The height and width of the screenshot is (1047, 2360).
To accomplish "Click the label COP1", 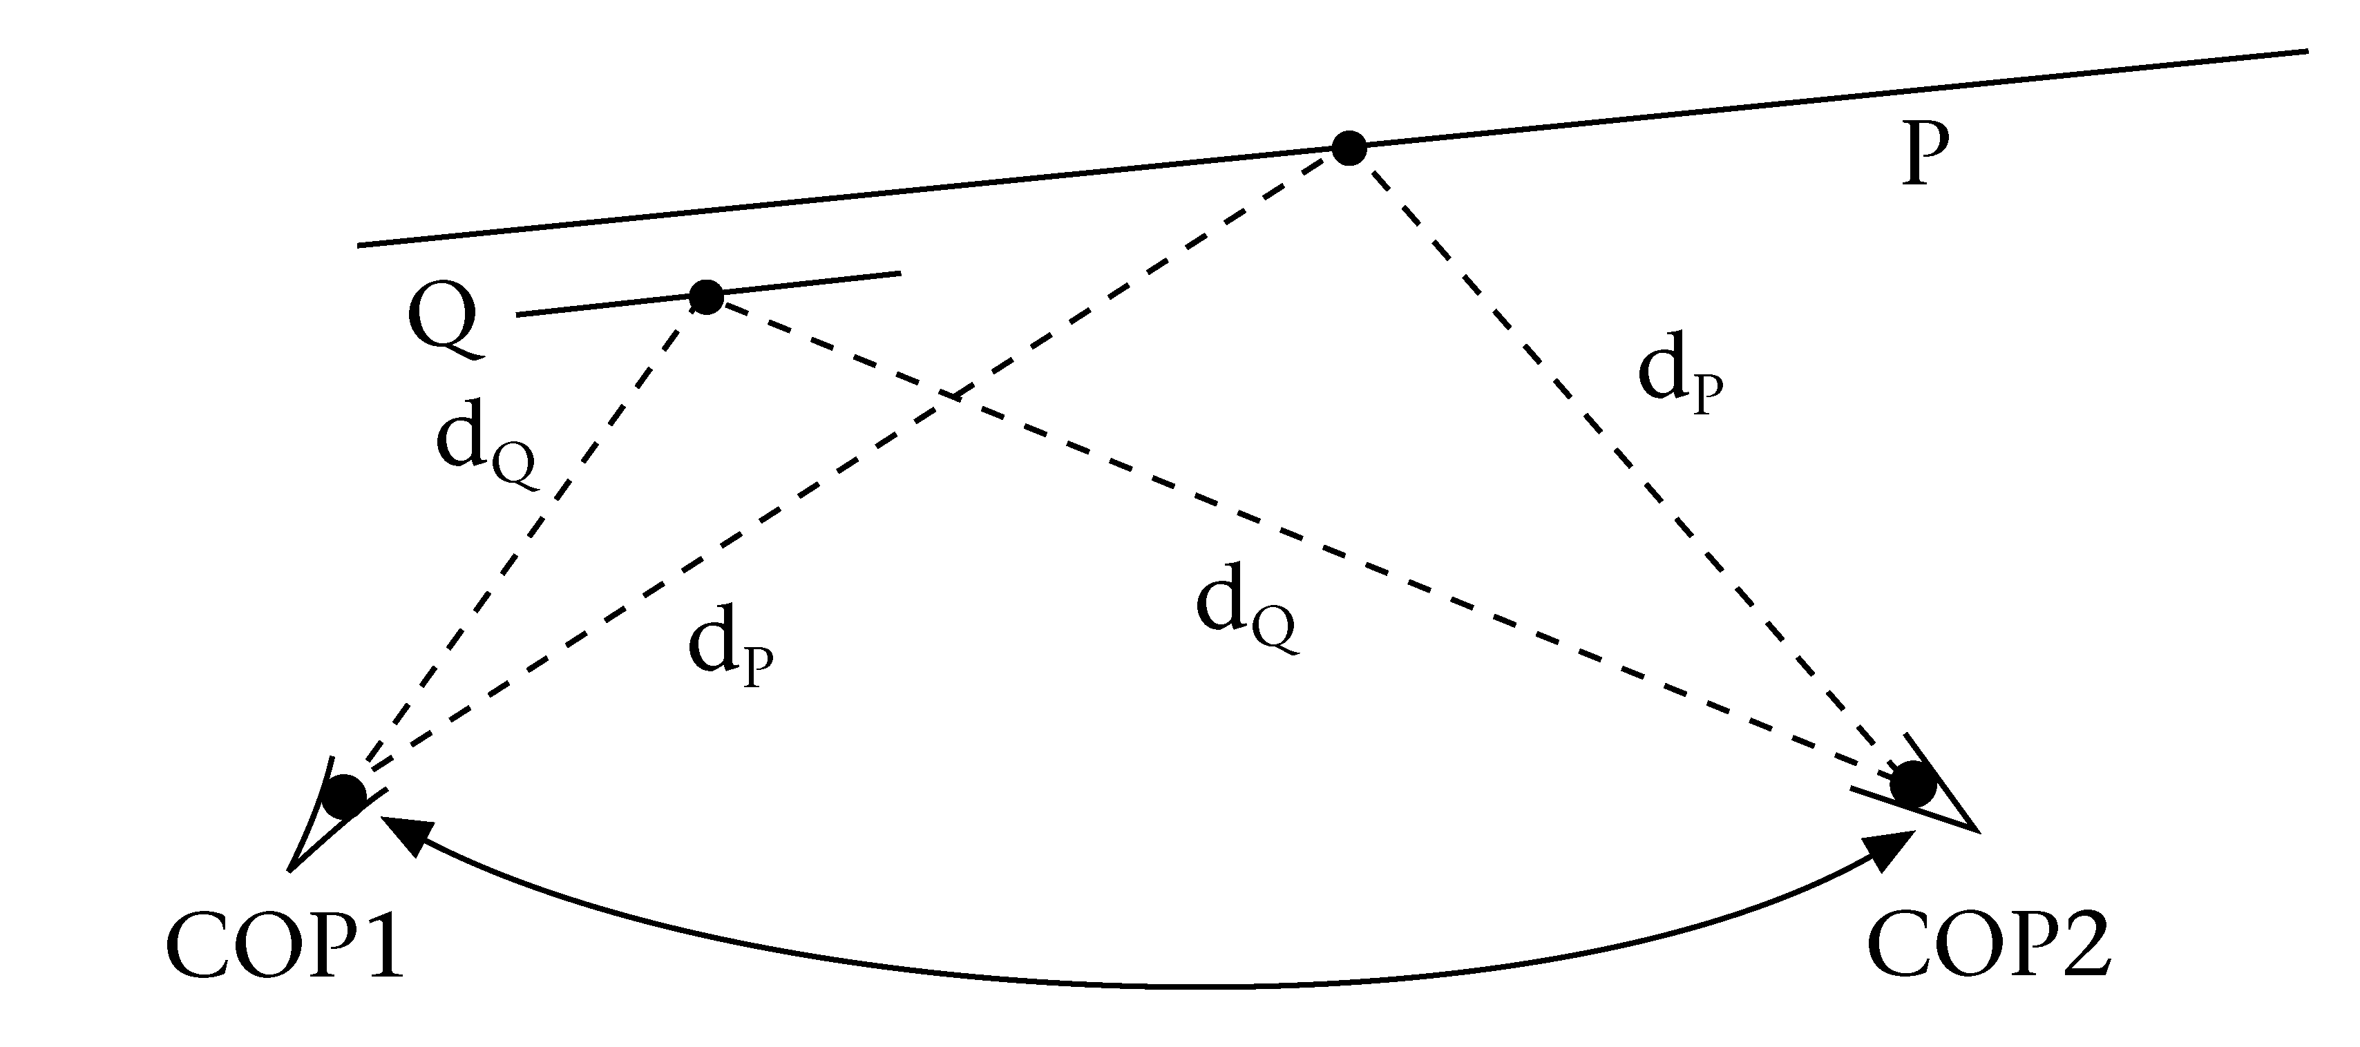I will pos(285,946).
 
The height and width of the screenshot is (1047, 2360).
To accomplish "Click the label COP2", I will pos(1989,946).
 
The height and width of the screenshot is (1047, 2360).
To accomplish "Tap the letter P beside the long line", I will pos(1924,155).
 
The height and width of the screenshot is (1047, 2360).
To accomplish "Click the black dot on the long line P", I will pos(1349,148).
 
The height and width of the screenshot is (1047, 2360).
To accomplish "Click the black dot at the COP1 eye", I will pos(346,796).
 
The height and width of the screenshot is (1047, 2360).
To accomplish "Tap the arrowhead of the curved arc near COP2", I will pos(1890,848).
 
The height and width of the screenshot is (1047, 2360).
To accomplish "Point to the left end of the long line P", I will pos(358,244).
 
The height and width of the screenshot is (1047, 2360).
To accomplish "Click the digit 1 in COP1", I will pos(383,946).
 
